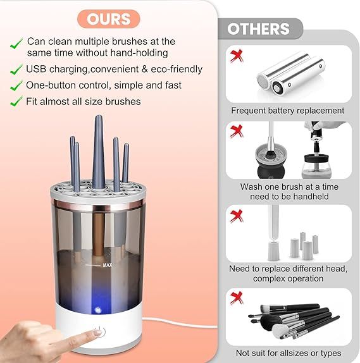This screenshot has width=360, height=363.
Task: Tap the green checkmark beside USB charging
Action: coord(16,69)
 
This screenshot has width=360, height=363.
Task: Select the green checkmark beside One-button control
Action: coord(16,85)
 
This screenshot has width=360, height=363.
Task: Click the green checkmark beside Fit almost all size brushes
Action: coord(16,101)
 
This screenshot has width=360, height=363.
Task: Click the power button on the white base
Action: coord(97,333)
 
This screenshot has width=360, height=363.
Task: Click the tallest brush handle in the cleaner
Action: coord(99,145)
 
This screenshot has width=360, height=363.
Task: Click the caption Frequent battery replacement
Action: coord(288,111)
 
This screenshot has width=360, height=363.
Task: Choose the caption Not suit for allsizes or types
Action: coord(288,353)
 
